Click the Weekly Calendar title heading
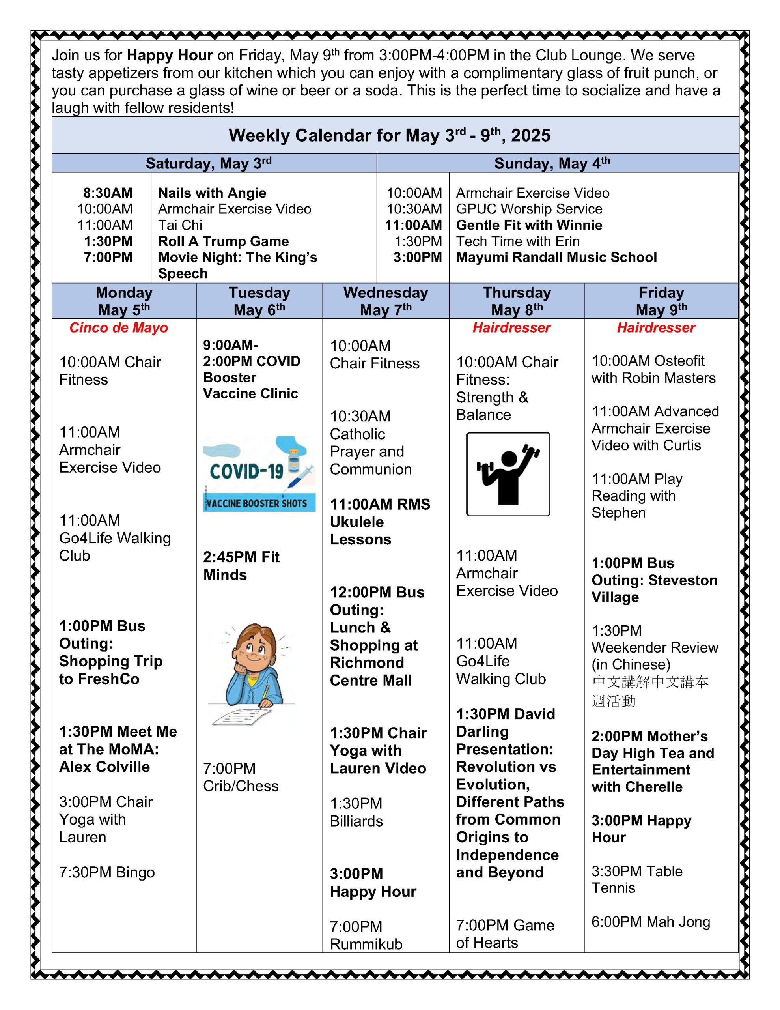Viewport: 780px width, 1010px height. pos(389,135)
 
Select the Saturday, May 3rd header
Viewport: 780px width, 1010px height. pos(209,163)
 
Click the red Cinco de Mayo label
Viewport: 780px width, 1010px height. pos(118,328)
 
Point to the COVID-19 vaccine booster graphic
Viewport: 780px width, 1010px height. pos(259,473)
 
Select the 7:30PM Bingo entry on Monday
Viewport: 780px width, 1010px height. pos(107,872)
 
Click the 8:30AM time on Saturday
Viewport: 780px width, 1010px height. pos(108,193)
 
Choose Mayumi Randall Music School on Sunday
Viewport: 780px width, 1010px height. pos(556,257)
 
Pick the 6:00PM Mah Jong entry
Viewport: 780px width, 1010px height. pos(651,922)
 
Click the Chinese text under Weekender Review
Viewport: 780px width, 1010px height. pos(649,691)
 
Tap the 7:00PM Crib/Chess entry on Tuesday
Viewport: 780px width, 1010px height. pos(241,777)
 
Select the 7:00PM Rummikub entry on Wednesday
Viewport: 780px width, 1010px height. pos(366,935)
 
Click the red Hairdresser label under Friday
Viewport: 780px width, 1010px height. pos(656,328)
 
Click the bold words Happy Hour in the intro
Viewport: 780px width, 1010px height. pos(170,56)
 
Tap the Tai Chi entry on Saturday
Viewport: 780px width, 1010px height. pos(180,225)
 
